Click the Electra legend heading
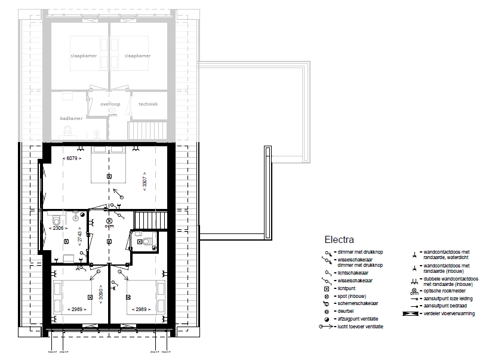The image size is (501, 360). click(339, 240)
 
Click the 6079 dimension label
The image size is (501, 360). click(73, 158)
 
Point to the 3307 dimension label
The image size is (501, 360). click(144, 181)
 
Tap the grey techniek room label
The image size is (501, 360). click(148, 104)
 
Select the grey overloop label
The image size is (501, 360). click(110, 104)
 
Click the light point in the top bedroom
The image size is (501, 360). click(109, 176)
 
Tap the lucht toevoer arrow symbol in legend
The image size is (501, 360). click(326, 327)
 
